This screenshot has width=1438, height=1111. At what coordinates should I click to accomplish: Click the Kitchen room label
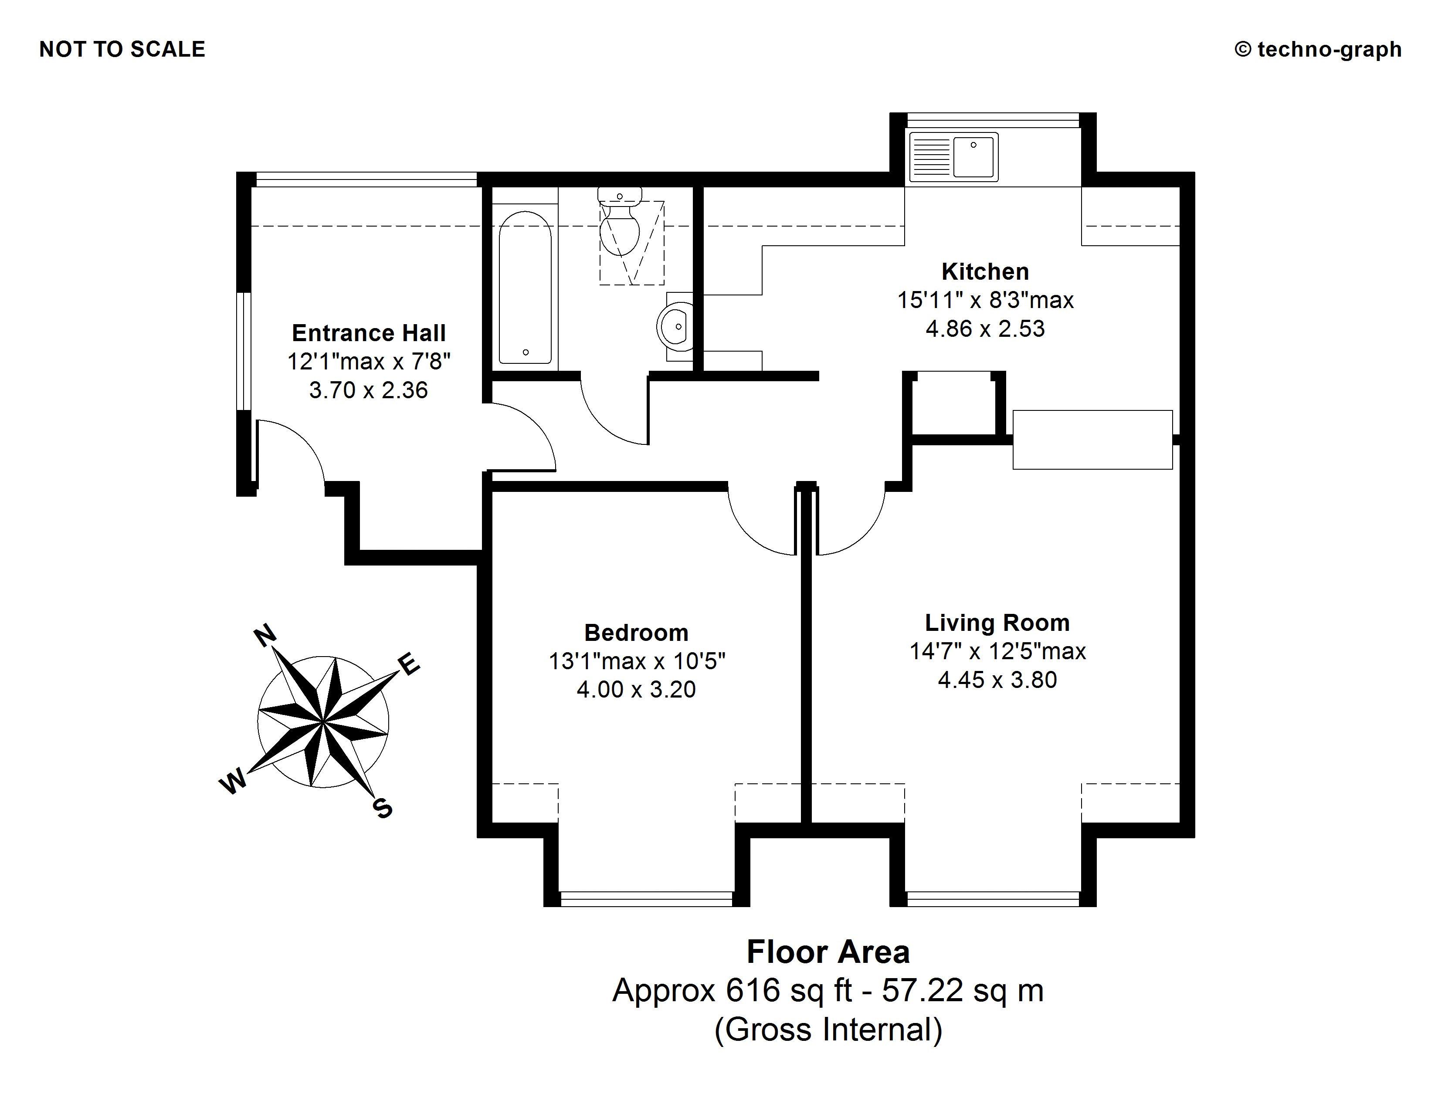point(985,271)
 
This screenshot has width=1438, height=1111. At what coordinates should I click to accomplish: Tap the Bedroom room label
point(636,633)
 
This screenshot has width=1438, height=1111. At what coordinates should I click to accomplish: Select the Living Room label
point(997,623)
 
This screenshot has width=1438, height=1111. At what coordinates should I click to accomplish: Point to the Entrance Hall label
point(369,333)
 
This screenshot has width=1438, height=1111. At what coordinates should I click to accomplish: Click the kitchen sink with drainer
point(953,157)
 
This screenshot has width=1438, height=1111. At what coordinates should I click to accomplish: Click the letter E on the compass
point(409,664)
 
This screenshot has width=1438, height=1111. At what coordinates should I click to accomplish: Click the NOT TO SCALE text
point(122,49)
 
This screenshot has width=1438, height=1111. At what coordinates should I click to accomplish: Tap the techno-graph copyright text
point(1318,49)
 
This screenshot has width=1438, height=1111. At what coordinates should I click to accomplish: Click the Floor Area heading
point(828,952)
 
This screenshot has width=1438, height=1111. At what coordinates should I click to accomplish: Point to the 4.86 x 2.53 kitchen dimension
point(985,329)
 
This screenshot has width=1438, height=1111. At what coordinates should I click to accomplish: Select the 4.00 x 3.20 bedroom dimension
point(636,689)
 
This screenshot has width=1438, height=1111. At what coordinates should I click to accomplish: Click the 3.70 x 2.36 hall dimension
point(369,390)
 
